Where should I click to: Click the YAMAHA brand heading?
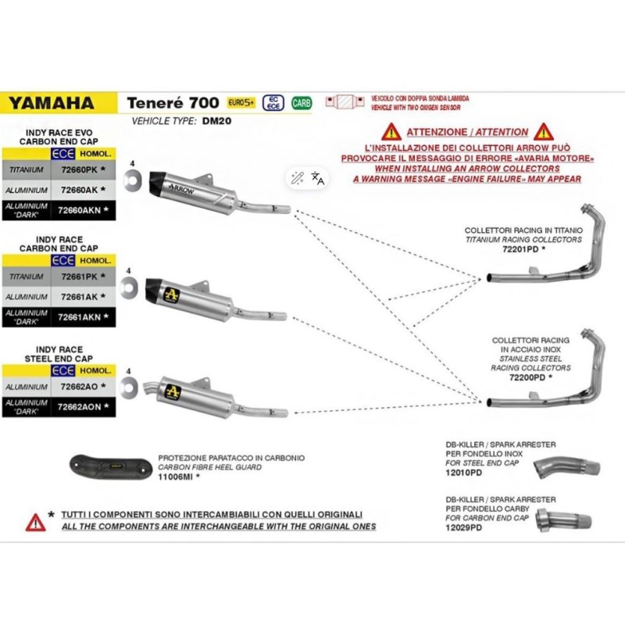[51, 102]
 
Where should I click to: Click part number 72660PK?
[79, 168]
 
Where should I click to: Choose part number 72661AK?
[79, 297]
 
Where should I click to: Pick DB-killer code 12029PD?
[462, 527]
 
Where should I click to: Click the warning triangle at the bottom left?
[34, 521]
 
